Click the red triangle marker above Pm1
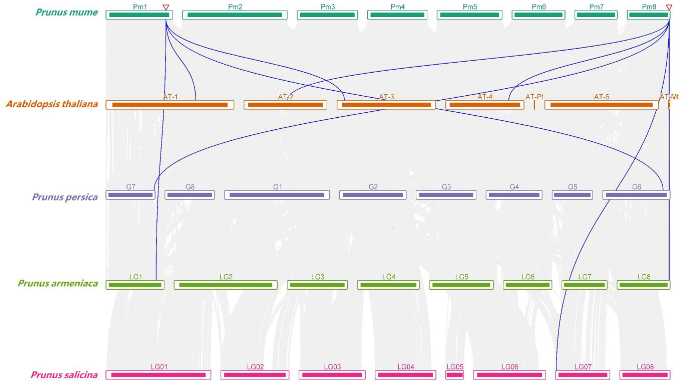click(x=166, y=8)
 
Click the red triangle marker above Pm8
click(x=669, y=8)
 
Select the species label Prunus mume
click(x=67, y=12)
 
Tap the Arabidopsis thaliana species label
click(x=52, y=104)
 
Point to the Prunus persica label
click(x=65, y=197)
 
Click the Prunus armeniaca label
click(x=58, y=283)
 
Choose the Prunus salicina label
click(x=64, y=375)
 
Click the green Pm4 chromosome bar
click(x=397, y=15)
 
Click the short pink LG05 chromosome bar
click(x=454, y=375)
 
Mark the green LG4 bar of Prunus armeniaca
click(x=388, y=285)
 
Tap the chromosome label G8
click(x=190, y=187)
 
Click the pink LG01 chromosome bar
click(x=158, y=375)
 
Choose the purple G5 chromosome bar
click(x=572, y=195)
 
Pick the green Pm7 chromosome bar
click(x=596, y=15)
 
